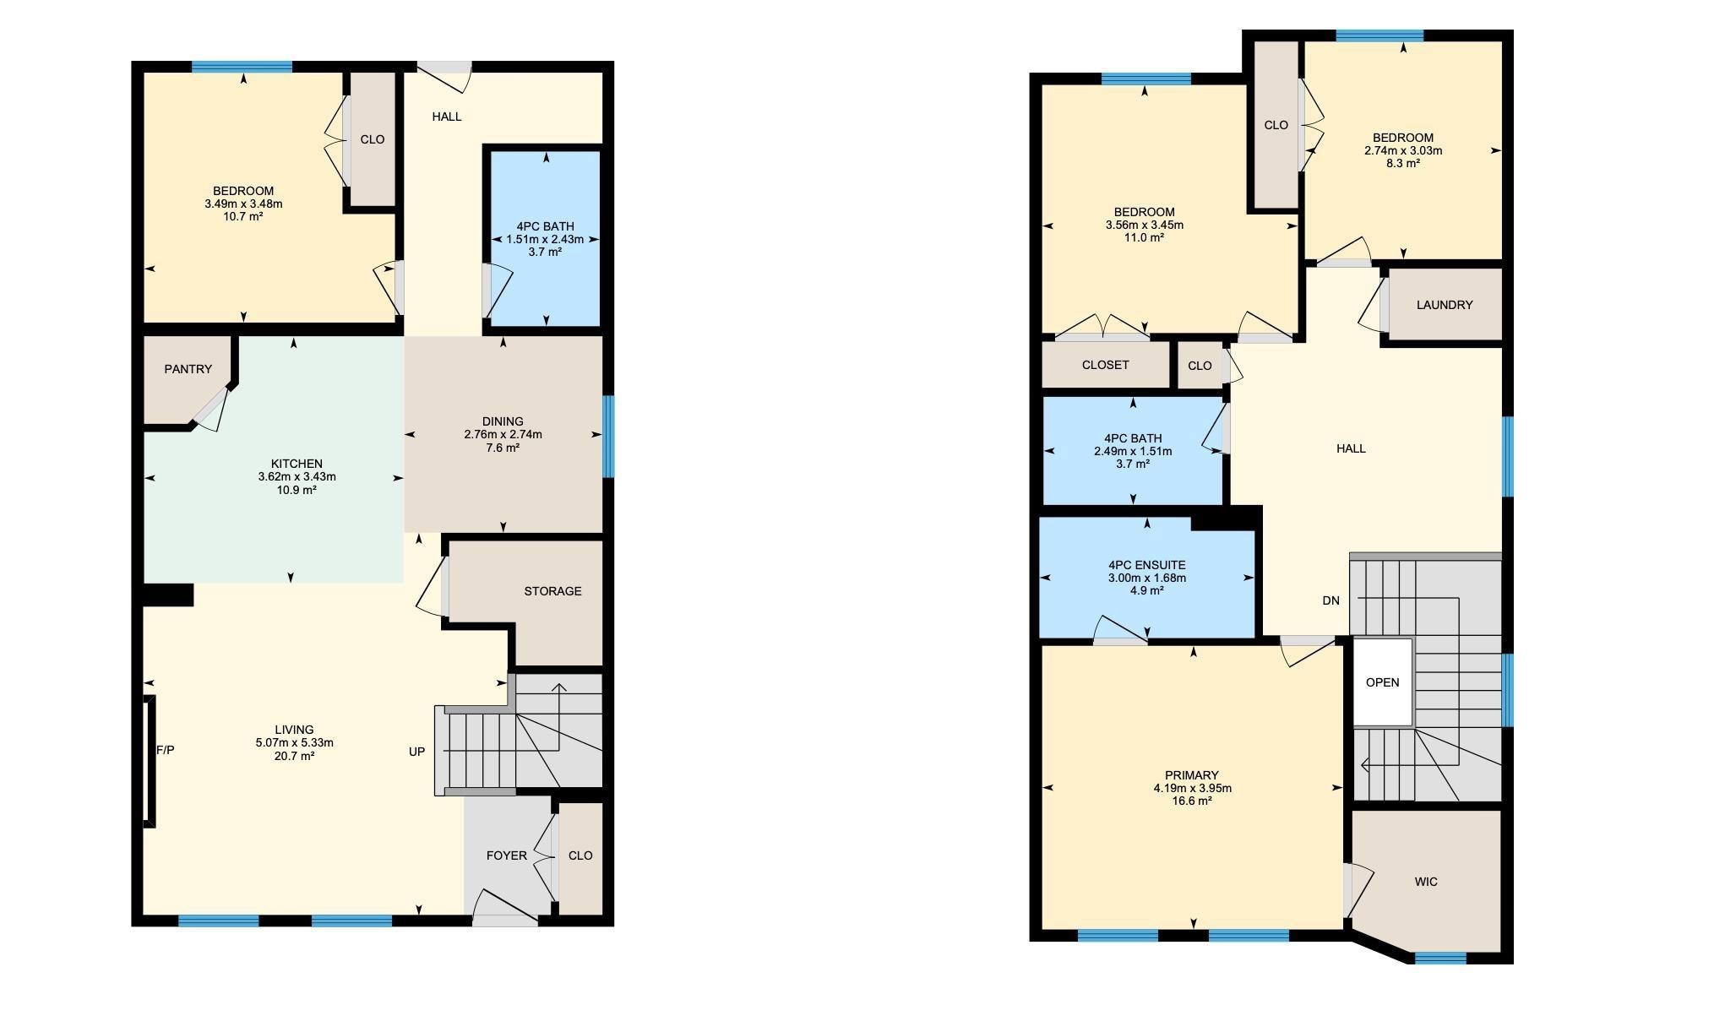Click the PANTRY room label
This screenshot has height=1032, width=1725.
pos(188,369)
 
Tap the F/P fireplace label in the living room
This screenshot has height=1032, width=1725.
pos(166,750)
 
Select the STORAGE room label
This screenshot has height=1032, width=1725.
pos(552,591)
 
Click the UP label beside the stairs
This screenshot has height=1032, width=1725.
pos(417,752)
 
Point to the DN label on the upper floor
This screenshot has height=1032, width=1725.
pos(1331,601)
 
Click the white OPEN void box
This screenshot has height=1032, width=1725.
pos(1383,682)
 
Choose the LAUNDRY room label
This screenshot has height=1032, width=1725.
pos(1445,305)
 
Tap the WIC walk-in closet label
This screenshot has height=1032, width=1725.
pos(1426,882)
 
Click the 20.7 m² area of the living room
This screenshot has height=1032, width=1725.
pos(294,756)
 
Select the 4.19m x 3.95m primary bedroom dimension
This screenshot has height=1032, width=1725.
pos(1192,788)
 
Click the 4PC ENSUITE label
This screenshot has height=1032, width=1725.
pos(1147,565)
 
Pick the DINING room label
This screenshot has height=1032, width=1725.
pos(503,421)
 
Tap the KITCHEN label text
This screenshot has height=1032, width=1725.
pos(297,464)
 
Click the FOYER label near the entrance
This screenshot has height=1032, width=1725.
pos(507,855)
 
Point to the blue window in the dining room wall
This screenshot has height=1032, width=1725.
pos(608,437)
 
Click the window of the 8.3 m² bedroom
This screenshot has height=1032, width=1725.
pos(1379,35)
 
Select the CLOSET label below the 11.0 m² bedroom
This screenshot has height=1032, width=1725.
pos(1106,365)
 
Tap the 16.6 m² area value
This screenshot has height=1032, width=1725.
pos(1192,801)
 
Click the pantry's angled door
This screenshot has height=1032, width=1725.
pos(210,409)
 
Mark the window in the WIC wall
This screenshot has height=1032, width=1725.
pos(1440,958)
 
